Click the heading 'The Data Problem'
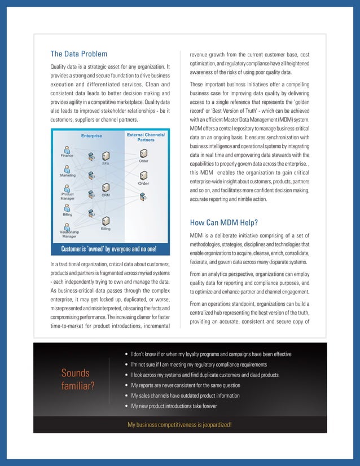coord(78,54)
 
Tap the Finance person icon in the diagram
coord(67,150)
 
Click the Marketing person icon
coord(68,169)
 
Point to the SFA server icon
coord(106,156)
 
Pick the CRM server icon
coord(106,187)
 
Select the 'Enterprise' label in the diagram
coord(91,135)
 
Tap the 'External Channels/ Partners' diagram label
coord(146,137)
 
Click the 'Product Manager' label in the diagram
coord(68,196)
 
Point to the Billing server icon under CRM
coord(106,221)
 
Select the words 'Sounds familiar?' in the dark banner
coord(78,380)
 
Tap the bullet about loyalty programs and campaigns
coord(211,354)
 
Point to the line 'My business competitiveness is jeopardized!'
coord(180,424)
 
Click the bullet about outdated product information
coord(185,395)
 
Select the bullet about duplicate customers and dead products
coord(204,375)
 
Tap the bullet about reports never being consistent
coord(185,385)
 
